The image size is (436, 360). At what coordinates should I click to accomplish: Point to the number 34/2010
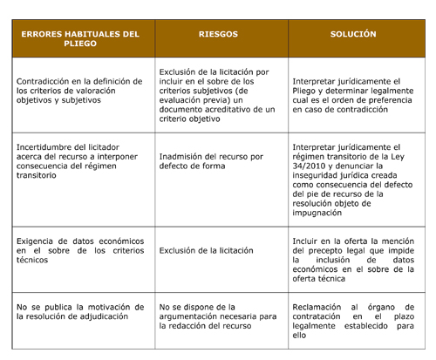(x=309, y=166)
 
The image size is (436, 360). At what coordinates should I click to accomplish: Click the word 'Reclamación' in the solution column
(x=319, y=307)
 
